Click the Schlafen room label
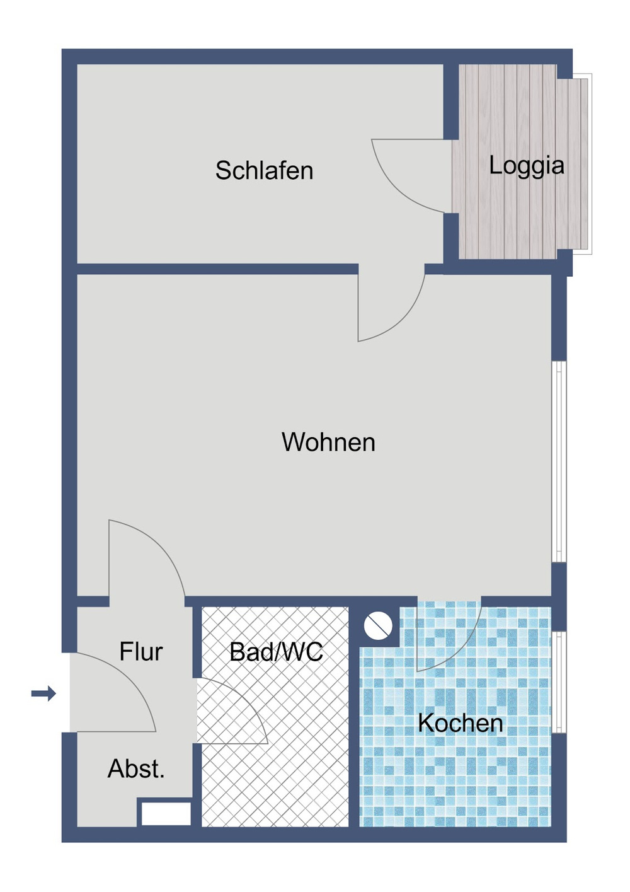tap(264, 171)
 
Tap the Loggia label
tap(527, 165)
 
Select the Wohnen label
tap(328, 443)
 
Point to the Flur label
tap(141, 652)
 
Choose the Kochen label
tap(461, 723)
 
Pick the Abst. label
tap(136, 769)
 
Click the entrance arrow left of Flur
tap(43, 694)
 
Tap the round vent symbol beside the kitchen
tap(378, 625)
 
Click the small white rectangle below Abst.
tap(166, 813)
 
